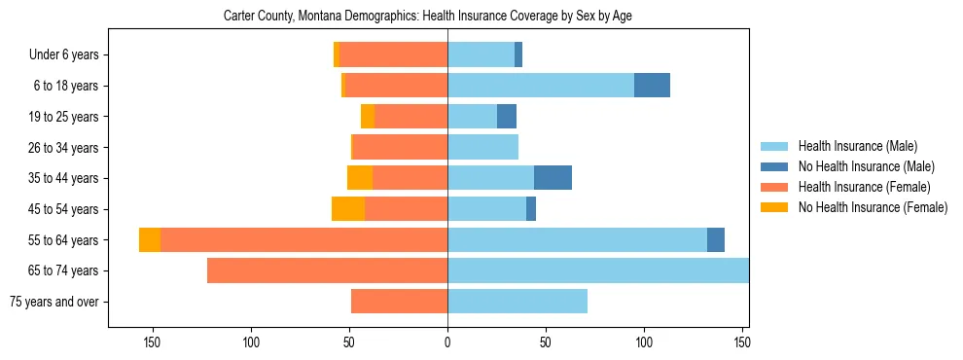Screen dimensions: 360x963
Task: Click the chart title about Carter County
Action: click(x=428, y=17)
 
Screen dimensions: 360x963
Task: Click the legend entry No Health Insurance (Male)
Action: click(x=864, y=166)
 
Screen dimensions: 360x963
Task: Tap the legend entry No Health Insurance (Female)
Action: click(x=871, y=207)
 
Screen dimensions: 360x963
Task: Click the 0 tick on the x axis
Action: click(x=447, y=342)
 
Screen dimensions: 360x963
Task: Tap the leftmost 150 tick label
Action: click(x=153, y=342)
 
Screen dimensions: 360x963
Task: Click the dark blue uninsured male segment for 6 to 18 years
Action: click(x=652, y=86)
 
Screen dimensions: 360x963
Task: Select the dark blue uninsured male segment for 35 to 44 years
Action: click(x=553, y=178)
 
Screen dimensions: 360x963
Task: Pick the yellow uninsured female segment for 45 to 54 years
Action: click(x=348, y=209)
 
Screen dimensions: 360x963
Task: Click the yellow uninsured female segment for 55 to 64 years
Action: click(x=150, y=240)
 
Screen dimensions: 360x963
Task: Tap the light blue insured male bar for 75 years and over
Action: click(x=517, y=302)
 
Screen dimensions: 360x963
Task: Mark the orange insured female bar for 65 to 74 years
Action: click(x=328, y=270)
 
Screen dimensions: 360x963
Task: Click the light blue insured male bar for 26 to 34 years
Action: click(x=482, y=147)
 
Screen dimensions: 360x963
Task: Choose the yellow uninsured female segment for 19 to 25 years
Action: click(x=368, y=117)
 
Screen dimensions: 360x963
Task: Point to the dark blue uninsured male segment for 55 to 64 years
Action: click(x=716, y=240)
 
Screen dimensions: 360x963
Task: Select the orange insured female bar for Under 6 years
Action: click(x=393, y=54)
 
